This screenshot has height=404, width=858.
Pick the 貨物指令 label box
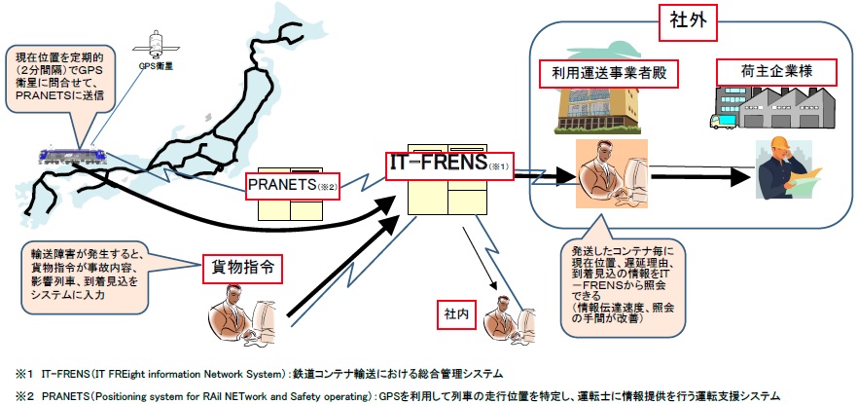click(236, 265)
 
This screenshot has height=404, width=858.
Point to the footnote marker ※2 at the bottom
click(18, 394)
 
